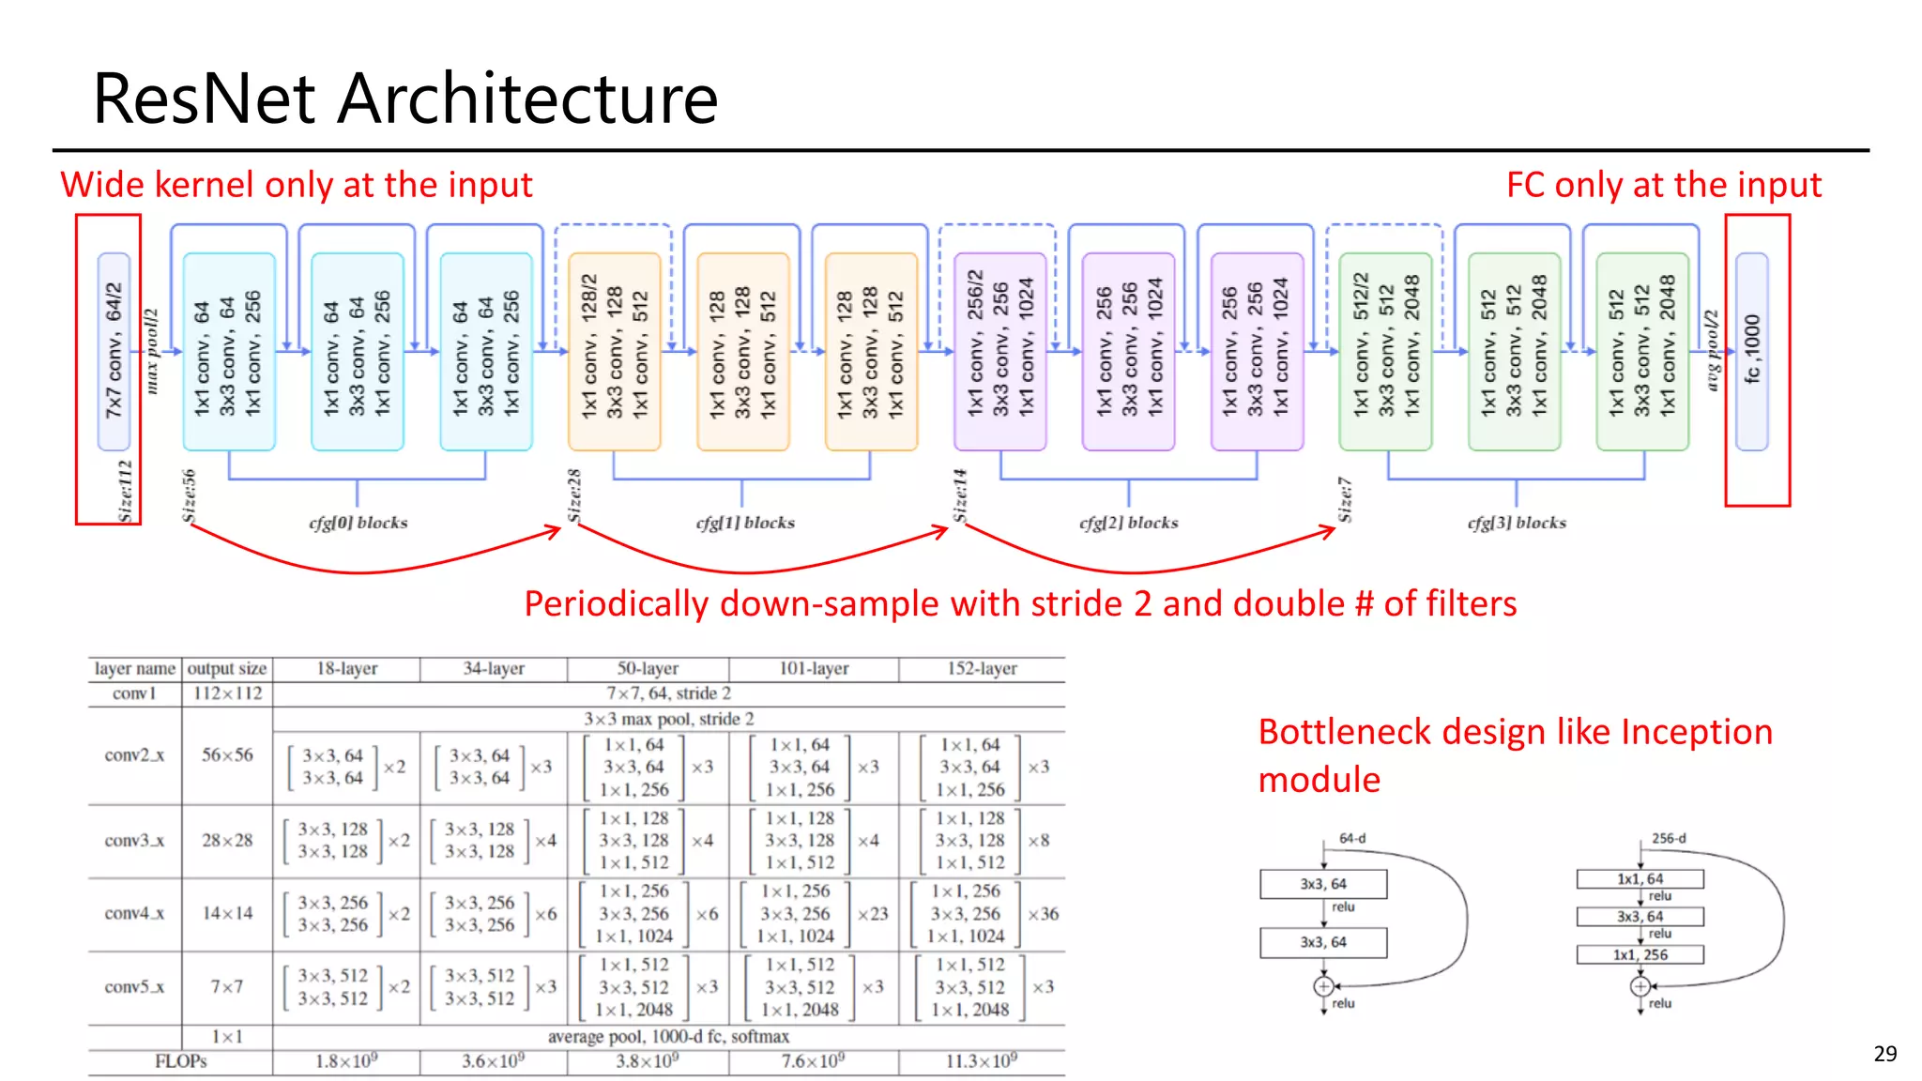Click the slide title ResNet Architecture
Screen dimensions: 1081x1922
(404, 99)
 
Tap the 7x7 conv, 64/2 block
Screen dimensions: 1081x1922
(114, 351)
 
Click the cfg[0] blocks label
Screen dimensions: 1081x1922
(358, 523)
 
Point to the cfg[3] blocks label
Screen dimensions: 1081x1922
(1517, 523)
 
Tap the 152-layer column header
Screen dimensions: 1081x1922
(981, 669)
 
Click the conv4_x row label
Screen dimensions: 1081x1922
(134, 913)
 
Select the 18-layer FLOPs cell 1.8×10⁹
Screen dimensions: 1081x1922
(346, 1061)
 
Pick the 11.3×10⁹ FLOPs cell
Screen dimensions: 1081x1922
(981, 1061)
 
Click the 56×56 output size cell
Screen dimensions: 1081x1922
(227, 755)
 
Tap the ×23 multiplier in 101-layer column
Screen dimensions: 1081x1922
(872, 914)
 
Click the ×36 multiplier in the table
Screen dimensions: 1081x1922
(1043, 914)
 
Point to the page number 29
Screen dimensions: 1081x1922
(1884, 1054)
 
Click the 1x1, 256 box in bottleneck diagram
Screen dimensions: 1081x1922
(1640, 955)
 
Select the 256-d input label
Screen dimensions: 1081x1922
(1669, 838)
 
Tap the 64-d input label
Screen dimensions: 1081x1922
(1352, 838)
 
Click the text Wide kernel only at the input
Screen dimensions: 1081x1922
(297, 185)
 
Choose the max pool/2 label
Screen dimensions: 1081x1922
(152, 351)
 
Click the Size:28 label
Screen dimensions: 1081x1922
(574, 495)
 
